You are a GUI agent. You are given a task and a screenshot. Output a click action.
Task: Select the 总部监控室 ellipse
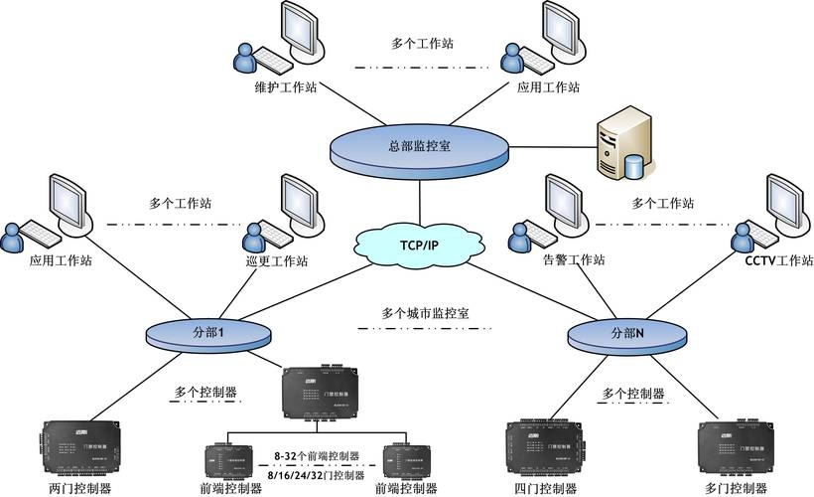[x=419, y=146]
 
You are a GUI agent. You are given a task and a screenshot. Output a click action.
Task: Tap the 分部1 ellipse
[x=208, y=334]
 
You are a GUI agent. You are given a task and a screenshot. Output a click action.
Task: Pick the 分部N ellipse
[x=626, y=334]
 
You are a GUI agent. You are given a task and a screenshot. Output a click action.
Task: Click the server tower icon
[x=621, y=147]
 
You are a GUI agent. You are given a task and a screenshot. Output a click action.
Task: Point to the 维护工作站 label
[x=284, y=86]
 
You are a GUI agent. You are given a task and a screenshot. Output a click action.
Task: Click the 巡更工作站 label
[x=276, y=261]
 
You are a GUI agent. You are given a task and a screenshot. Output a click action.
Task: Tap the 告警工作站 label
[x=574, y=260]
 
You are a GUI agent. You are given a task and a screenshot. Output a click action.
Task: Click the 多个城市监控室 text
[x=425, y=312]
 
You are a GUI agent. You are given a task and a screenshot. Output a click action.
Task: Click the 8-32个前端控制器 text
[x=314, y=456]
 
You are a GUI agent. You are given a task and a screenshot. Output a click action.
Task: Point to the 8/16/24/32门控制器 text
[x=314, y=474]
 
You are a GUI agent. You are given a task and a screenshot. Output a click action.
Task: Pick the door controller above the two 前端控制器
[x=315, y=393]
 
